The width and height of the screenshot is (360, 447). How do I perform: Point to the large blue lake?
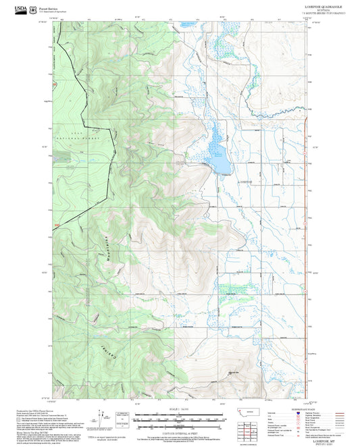[217, 154]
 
